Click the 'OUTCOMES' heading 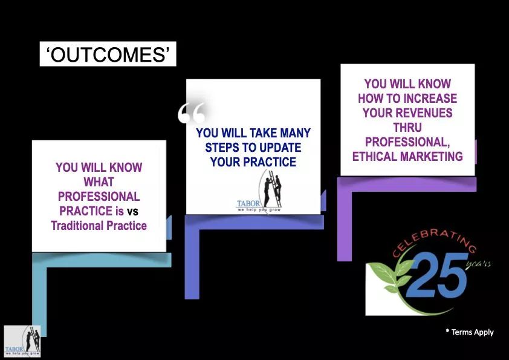pyautogui.click(x=108, y=54)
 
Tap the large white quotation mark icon pyautogui.click(x=192, y=113)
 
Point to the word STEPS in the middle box pyautogui.click(x=223, y=147)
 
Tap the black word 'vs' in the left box pyautogui.click(x=132, y=212)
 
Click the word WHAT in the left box pyautogui.click(x=99, y=182)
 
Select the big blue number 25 pyautogui.click(x=437, y=276)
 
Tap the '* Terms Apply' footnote pyautogui.click(x=470, y=332)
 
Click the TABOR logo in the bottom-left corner pyautogui.click(x=22, y=341)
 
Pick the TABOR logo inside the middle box pyautogui.click(x=259, y=192)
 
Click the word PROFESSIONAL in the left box pyautogui.click(x=99, y=197)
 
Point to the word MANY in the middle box pyautogui.click(x=295, y=133)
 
